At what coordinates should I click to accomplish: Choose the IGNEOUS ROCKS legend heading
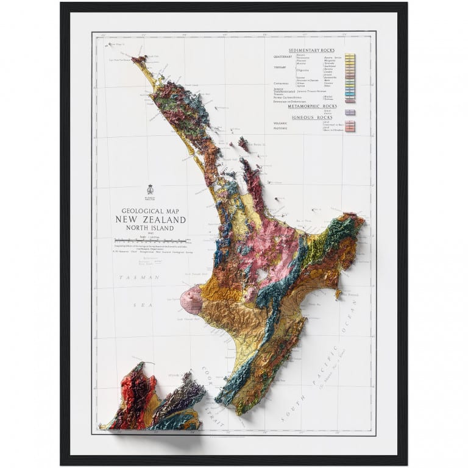(x=313, y=116)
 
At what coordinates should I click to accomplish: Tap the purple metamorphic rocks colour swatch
(x=350, y=112)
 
